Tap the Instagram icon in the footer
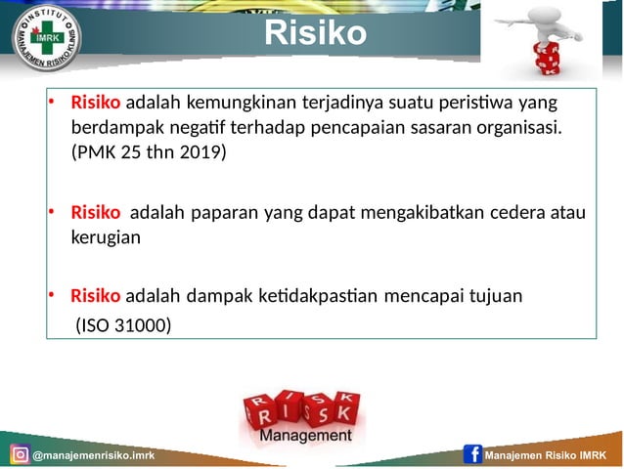pyautogui.click(x=20, y=455)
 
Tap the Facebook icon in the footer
pyautogui.click(x=473, y=455)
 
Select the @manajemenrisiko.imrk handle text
pyautogui.click(x=93, y=456)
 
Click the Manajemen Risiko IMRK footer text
pyautogui.click(x=547, y=456)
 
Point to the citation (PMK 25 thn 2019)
pyautogui.click(x=148, y=152)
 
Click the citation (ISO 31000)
pyautogui.click(x=123, y=322)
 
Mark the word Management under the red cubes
pyautogui.click(x=306, y=436)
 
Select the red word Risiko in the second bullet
pyautogui.click(x=96, y=212)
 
